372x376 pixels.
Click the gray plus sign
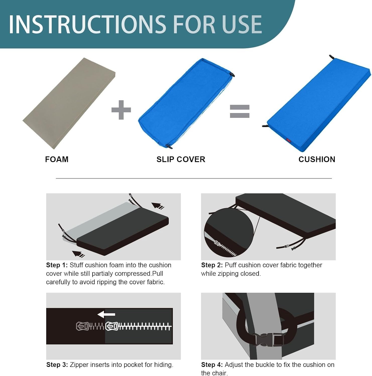pyautogui.click(x=121, y=110)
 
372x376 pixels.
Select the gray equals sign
pyautogui.click(x=240, y=111)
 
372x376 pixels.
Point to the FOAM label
pyautogui.click(x=57, y=159)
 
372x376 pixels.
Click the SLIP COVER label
pyautogui.click(x=181, y=159)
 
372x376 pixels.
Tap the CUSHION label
pyautogui.click(x=317, y=159)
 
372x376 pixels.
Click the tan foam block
pyautogui.click(x=69, y=103)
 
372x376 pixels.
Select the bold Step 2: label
pyautogui.click(x=212, y=265)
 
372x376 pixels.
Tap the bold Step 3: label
pyautogui.click(x=57, y=365)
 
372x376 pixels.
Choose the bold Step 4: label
pyautogui.click(x=212, y=365)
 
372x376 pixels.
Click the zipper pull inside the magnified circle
pyautogui.click(x=218, y=243)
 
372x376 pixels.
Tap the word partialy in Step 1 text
pyautogui.click(x=103, y=273)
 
